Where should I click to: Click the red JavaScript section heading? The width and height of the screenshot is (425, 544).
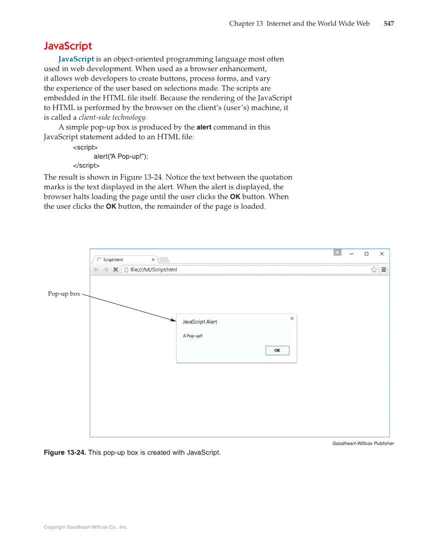[x=68, y=46]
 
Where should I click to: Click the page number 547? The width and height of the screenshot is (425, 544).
[x=388, y=24]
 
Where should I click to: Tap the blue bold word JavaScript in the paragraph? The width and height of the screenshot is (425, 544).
[x=76, y=60]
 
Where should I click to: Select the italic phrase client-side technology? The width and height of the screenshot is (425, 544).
[x=113, y=118]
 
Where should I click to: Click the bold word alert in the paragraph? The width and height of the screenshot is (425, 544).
[x=204, y=127]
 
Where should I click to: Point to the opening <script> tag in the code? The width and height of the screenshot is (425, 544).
[x=85, y=148]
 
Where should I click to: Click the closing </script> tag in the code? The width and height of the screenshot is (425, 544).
[x=86, y=166]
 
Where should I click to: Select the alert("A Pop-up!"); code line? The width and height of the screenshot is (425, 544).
[x=121, y=157]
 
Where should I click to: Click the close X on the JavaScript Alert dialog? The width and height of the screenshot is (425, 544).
[x=292, y=318]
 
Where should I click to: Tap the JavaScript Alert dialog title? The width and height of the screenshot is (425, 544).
[x=200, y=322]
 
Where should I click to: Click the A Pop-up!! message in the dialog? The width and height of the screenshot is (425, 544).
[x=192, y=336]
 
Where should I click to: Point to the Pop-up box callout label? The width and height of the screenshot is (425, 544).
[x=64, y=294]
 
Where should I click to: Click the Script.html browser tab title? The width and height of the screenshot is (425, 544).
[x=113, y=260]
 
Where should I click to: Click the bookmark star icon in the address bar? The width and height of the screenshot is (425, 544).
[x=373, y=270]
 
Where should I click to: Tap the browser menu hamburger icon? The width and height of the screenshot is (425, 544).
[x=384, y=270]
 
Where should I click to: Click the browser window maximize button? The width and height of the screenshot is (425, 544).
[x=366, y=254]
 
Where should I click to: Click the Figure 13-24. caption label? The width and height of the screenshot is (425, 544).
[x=65, y=453]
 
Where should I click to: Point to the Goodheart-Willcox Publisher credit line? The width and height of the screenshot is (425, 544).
[x=363, y=443]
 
